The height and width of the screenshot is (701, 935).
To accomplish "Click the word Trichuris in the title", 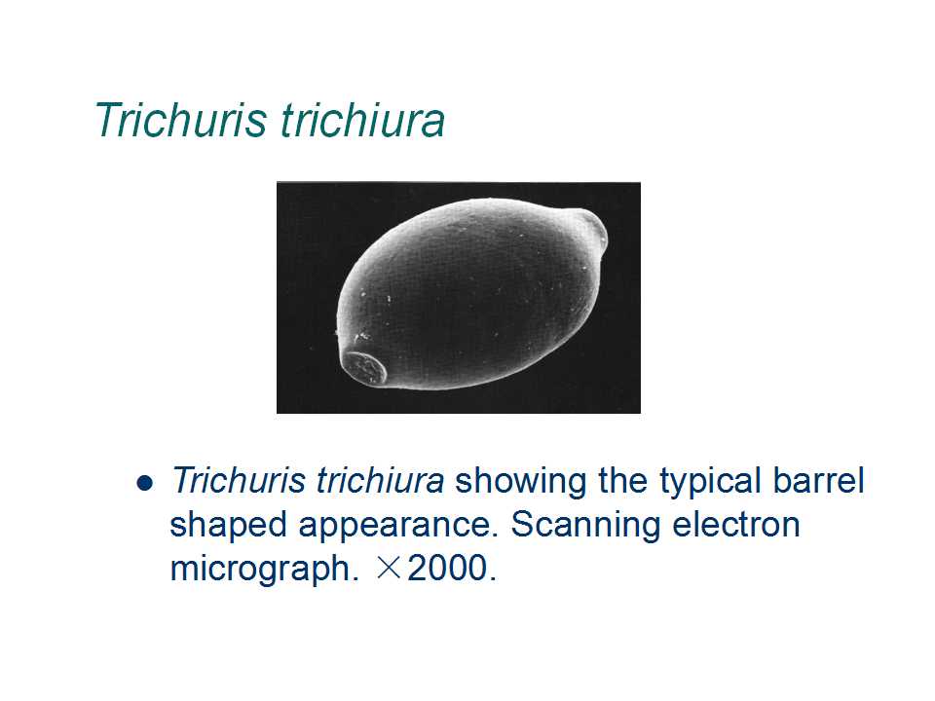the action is [181, 121].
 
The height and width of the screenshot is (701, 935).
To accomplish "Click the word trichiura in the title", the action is [362, 121].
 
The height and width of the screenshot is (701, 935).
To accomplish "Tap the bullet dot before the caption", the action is [145, 482].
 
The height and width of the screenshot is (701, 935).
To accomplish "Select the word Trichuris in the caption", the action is [237, 480].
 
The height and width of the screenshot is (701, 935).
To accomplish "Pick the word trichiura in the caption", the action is [380, 480].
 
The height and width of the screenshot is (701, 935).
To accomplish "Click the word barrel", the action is [818, 480].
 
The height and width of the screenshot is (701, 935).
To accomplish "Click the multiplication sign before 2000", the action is [389, 568].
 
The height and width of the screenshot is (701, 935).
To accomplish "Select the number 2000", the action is [447, 568].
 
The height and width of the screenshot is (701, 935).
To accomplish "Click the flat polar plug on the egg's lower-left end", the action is [365, 368].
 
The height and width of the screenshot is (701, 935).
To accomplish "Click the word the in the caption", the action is [622, 480].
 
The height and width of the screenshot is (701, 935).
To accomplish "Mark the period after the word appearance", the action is [494, 535].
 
